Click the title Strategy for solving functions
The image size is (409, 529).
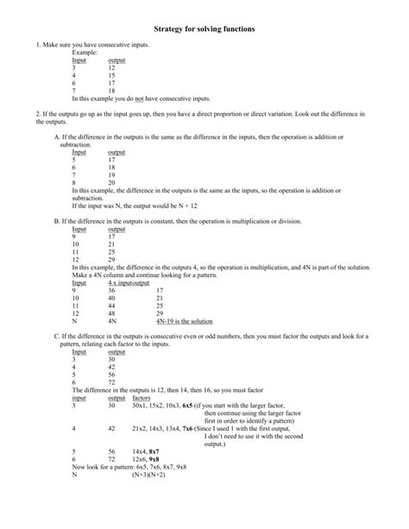pyautogui.click(x=204, y=28)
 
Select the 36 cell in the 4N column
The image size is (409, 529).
pyautogui.click(x=112, y=291)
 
